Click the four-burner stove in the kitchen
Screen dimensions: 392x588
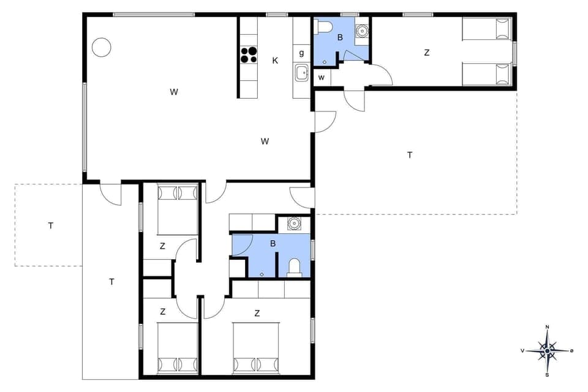(x=248, y=55)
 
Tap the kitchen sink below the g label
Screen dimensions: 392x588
(x=302, y=73)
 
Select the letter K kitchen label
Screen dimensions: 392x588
(x=275, y=60)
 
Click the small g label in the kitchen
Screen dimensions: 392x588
(x=302, y=53)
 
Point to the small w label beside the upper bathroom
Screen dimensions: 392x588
(x=321, y=78)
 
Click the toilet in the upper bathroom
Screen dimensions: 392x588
(x=323, y=26)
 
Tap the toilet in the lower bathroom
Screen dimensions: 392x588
(x=294, y=267)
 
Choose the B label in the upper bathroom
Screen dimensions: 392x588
(x=339, y=37)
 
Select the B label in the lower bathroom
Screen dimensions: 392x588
(x=273, y=244)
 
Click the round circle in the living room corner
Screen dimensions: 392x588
(x=101, y=47)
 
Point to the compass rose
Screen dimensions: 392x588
(x=547, y=350)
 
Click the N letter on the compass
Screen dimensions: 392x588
(x=547, y=327)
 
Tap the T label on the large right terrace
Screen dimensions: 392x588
(x=410, y=155)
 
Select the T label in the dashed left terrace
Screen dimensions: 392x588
(x=51, y=225)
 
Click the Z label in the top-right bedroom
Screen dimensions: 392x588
(x=426, y=53)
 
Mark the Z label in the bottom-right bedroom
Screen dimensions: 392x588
(x=257, y=313)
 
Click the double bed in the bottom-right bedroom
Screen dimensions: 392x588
(x=256, y=349)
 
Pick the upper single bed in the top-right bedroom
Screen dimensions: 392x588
(x=486, y=29)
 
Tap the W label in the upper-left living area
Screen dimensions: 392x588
(x=174, y=92)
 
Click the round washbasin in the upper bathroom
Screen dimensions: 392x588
(x=362, y=29)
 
